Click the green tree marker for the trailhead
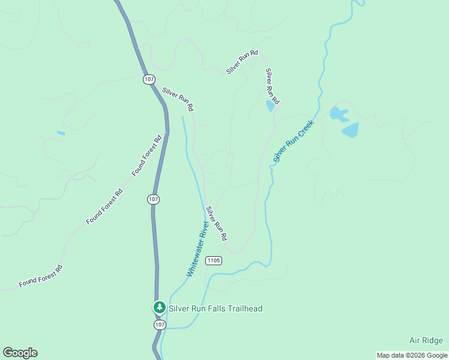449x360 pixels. coord(159,308)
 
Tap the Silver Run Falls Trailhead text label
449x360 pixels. coord(215,308)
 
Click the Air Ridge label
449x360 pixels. coord(426,340)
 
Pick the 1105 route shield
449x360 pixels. coord(213,260)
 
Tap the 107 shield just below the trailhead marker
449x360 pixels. coord(159,325)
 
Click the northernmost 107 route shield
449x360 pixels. coord(149,79)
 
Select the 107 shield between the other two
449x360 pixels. coord(153,199)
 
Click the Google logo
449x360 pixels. coord(20,353)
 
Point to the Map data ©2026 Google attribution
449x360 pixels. coord(412,355)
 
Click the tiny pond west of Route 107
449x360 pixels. coord(61,133)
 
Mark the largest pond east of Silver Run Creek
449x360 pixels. coord(350,130)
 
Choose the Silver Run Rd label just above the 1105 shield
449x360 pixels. coord(216,224)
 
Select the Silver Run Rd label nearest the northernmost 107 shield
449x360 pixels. coord(179,100)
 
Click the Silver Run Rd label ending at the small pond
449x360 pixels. coord(273,85)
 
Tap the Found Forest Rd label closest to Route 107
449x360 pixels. coord(147,155)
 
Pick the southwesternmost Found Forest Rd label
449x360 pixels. coord(40,275)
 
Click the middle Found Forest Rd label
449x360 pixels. coord(104,206)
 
